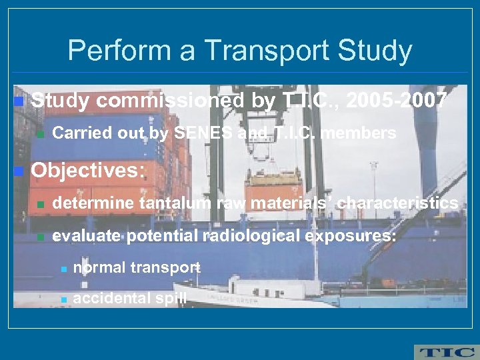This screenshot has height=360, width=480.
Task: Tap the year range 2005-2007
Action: [x=397, y=101]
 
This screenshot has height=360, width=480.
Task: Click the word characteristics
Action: [x=397, y=203]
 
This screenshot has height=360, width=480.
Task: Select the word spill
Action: [x=171, y=298]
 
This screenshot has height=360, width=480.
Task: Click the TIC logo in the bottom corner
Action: [x=445, y=352]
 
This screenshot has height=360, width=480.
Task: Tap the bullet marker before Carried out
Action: [x=40, y=134]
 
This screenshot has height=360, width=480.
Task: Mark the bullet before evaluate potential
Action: [x=40, y=237]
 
